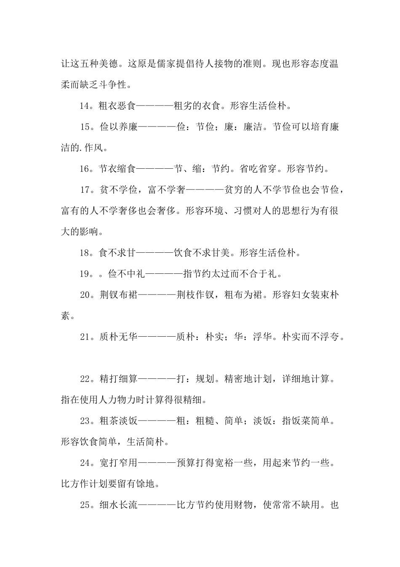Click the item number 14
click(84, 106)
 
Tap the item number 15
click(85, 127)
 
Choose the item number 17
click(85, 190)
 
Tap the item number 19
click(84, 274)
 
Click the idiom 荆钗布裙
click(118, 295)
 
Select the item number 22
click(85, 379)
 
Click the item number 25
click(85, 505)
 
